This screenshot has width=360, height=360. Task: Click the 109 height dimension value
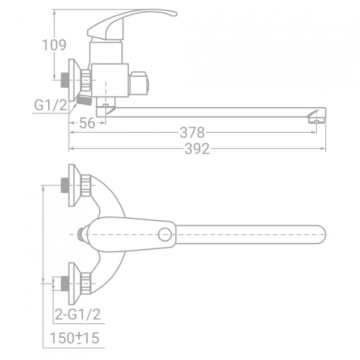point(54,45)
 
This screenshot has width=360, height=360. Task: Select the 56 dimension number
point(87,123)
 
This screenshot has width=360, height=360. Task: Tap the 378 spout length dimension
point(192,133)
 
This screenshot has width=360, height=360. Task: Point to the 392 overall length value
point(197,149)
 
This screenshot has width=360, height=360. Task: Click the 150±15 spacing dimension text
point(75,338)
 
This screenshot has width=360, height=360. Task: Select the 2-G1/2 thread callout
point(78,314)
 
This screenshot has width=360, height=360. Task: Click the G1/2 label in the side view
point(50,105)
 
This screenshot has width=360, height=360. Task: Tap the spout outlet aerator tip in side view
point(317,120)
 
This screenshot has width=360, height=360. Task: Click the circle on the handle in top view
point(165,234)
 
